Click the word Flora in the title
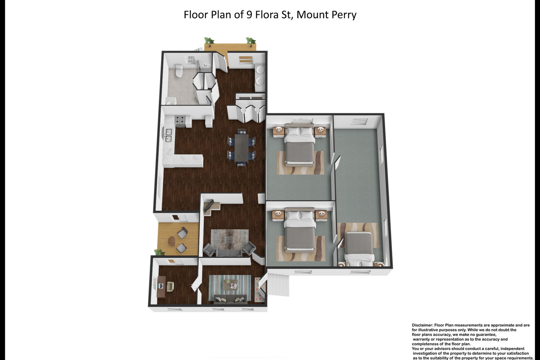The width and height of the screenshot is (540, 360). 267,15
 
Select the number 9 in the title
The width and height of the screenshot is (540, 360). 249,15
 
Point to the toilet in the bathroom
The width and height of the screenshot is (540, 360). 179,71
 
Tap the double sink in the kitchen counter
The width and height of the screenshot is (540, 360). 168,135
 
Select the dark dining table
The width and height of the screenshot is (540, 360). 242,148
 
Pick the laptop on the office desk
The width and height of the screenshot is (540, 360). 161,286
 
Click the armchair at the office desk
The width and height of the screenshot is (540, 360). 170,286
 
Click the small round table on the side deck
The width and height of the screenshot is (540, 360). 172,241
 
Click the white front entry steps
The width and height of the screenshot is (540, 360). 278,285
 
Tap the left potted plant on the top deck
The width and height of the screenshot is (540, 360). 209,41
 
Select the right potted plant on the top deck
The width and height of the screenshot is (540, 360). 251,41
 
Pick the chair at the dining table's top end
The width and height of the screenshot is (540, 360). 242,131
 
